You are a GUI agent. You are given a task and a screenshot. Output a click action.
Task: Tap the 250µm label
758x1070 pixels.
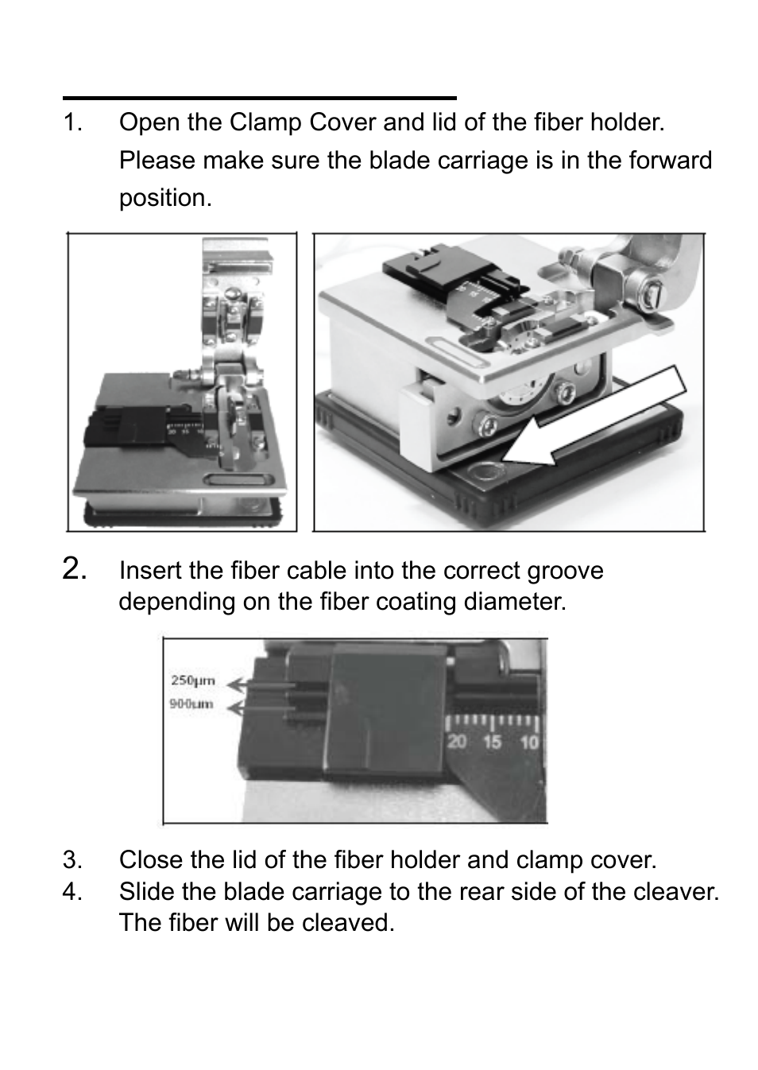(x=192, y=680)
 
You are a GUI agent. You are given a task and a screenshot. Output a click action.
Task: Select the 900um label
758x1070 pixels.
(x=191, y=704)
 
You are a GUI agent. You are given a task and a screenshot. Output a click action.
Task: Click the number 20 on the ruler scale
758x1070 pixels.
(x=456, y=742)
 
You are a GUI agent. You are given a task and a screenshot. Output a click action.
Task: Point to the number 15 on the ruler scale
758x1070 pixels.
(x=493, y=742)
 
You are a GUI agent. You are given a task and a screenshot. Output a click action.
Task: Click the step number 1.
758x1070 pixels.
(x=72, y=123)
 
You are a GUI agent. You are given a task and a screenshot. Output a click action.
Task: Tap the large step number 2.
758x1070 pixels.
(x=75, y=569)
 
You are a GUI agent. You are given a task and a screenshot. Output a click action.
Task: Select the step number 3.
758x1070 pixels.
(x=72, y=860)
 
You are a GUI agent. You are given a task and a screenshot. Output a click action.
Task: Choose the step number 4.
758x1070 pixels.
(x=72, y=892)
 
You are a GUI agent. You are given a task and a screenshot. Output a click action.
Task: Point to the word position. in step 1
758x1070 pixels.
(x=165, y=198)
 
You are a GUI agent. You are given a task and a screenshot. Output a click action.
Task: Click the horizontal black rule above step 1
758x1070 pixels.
(x=260, y=98)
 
